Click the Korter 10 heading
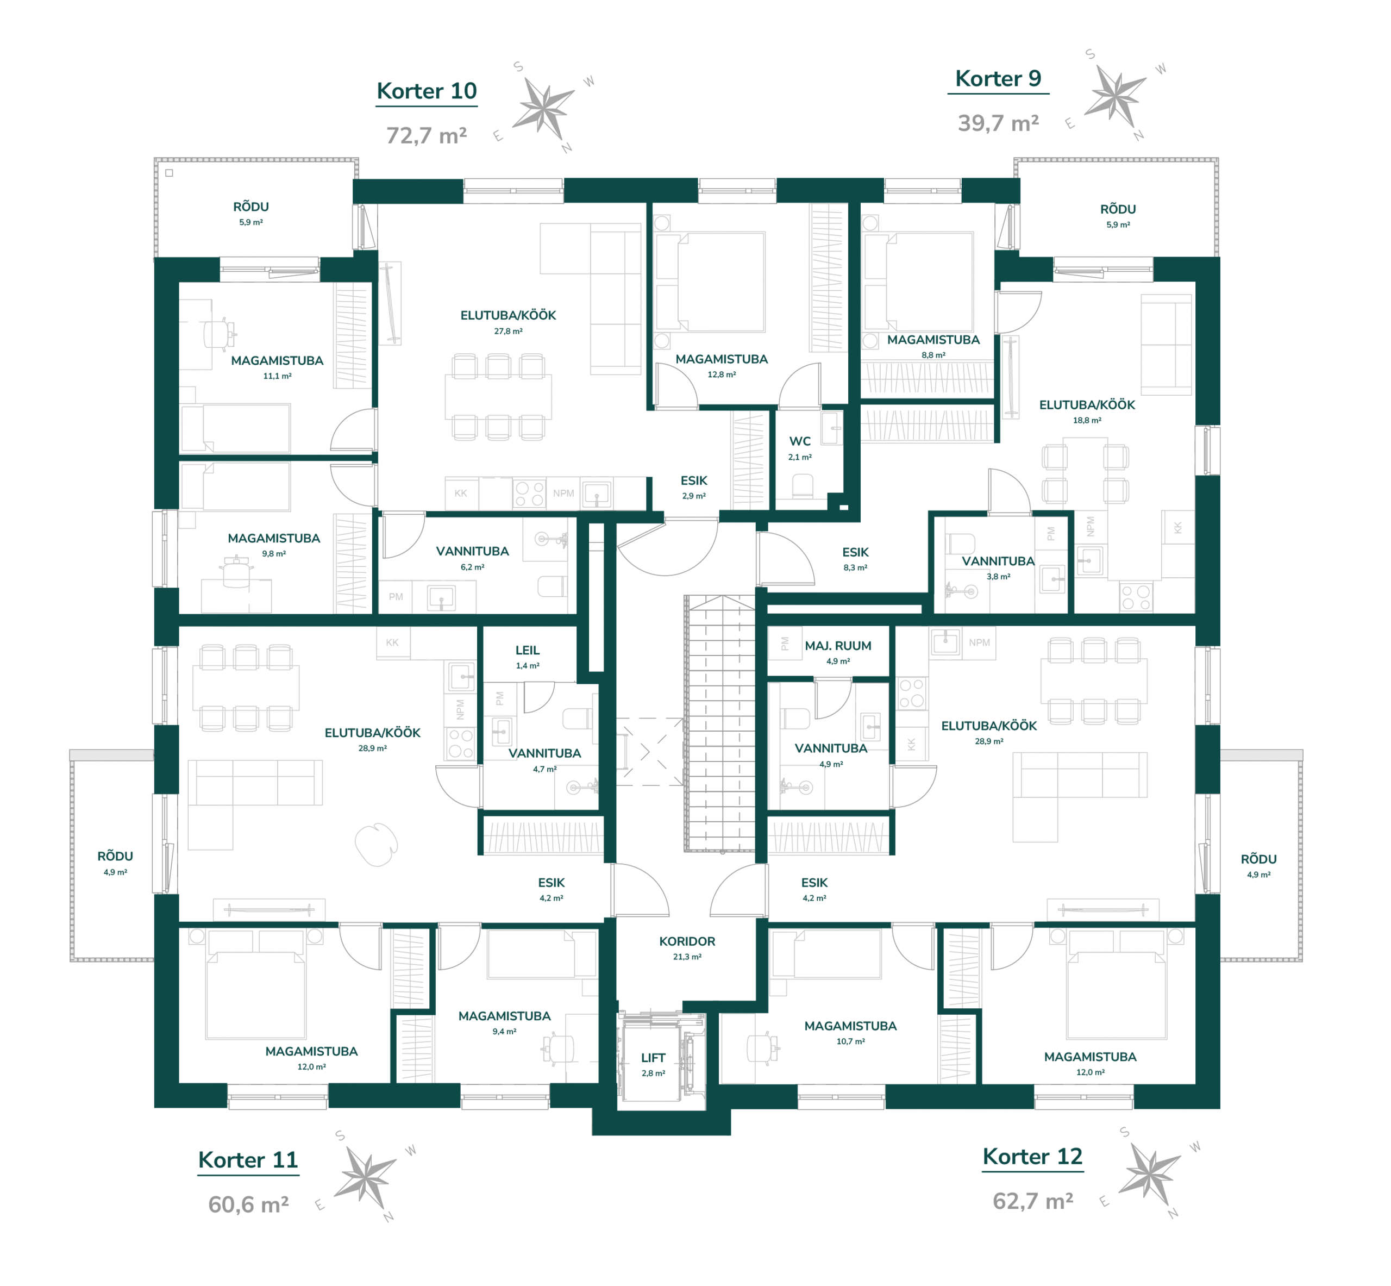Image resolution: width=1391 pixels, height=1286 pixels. tap(427, 91)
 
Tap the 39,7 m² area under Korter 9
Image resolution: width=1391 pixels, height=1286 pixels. tap(998, 123)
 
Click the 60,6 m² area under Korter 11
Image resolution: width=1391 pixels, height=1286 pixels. tap(248, 1204)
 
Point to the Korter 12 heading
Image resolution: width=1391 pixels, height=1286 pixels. tap(1033, 1157)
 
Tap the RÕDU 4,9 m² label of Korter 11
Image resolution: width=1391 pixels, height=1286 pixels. tap(115, 863)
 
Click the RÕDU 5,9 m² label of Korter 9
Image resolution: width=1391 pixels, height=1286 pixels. tap(1118, 216)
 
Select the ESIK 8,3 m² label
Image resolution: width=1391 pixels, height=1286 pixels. tap(855, 559)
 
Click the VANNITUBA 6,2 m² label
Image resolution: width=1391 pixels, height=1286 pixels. tap(472, 558)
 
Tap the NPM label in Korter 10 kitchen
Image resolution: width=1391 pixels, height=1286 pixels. tap(563, 494)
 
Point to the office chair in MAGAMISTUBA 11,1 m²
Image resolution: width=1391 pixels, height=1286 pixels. tap(220, 334)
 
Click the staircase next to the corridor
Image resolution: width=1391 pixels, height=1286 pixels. tap(720, 724)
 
